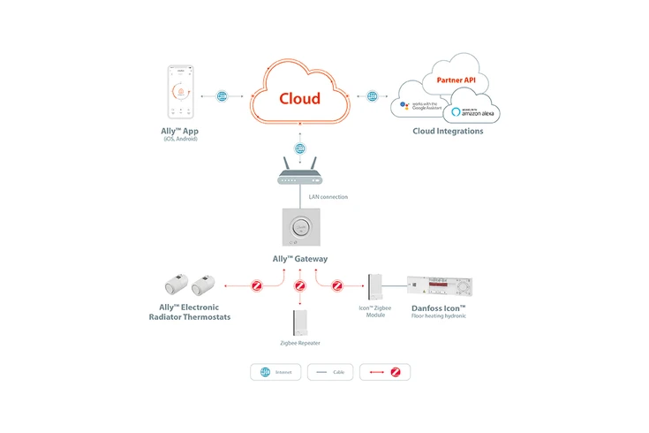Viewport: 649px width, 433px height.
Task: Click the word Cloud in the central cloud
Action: click(x=299, y=98)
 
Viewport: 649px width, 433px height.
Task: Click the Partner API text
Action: click(x=455, y=80)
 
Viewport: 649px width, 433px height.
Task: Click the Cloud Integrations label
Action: click(x=448, y=132)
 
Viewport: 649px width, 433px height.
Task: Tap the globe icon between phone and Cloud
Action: click(x=222, y=95)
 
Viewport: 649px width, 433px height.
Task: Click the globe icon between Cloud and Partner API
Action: click(x=373, y=95)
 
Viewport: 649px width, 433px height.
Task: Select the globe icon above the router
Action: click(x=300, y=149)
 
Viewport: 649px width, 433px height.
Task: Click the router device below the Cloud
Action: click(x=300, y=176)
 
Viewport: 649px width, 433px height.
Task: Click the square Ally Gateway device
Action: click(x=300, y=227)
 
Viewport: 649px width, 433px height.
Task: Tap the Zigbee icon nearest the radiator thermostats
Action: click(x=258, y=286)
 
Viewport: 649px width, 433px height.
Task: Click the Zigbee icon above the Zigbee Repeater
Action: click(x=300, y=286)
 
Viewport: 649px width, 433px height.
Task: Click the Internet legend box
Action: click(x=275, y=372)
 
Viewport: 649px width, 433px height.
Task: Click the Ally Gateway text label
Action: click(x=300, y=259)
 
